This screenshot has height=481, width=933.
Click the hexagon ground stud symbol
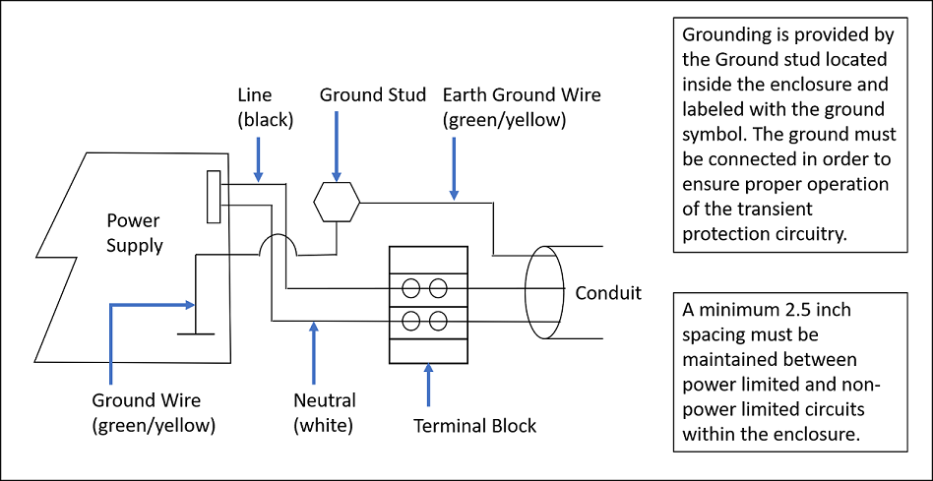[x=337, y=202]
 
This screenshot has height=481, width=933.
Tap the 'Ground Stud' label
[x=373, y=95]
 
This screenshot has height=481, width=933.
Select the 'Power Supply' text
[x=135, y=233]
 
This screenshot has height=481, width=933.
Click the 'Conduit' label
[x=608, y=292]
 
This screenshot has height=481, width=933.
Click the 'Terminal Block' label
[x=475, y=426]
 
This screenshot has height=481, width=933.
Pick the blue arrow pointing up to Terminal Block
[x=428, y=385]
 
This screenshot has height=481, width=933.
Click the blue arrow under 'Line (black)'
[x=258, y=158]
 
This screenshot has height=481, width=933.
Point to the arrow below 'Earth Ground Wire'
[x=454, y=166]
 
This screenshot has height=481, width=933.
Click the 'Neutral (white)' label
[x=325, y=413]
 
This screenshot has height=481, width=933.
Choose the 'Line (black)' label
[x=260, y=107]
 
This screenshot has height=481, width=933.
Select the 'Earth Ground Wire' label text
[x=522, y=95]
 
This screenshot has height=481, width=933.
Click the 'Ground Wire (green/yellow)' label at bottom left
[x=154, y=413]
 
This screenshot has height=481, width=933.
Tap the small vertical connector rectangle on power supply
[x=213, y=196]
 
